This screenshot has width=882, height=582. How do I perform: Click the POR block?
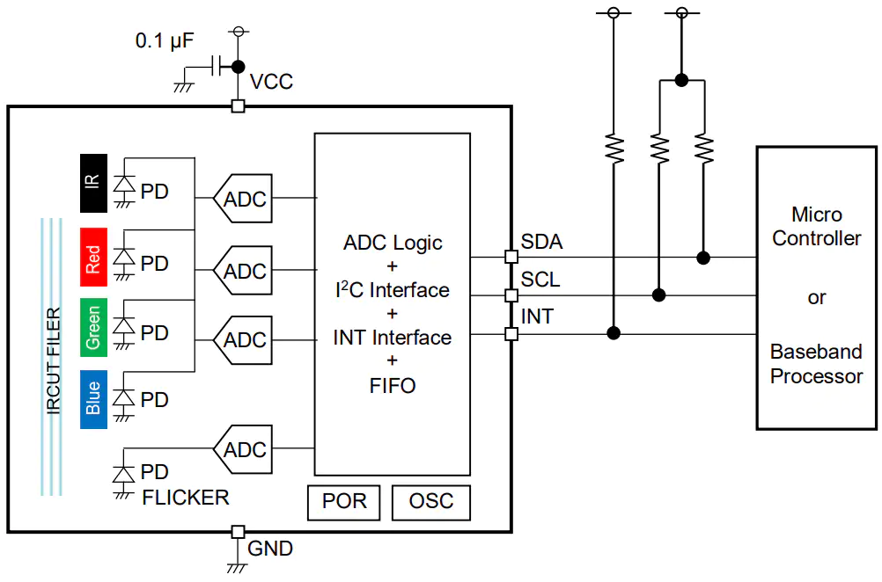pyautogui.click(x=343, y=502)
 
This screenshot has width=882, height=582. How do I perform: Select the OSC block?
pyautogui.click(x=430, y=502)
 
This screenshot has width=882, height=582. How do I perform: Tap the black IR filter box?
pyautogui.click(x=93, y=183)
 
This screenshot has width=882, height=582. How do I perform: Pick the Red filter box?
pyautogui.click(x=93, y=258)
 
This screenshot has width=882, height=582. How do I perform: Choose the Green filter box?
pyautogui.click(x=93, y=327)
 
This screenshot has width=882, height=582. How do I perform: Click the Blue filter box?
pyautogui.click(x=93, y=399)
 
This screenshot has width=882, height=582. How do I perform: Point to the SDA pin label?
pyautogui.click(x=541, y=242)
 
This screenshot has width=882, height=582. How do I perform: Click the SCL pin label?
pyautogui.click(x=540, y=280)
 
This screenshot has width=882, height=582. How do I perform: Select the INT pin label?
pyautogui.click(x=537, y=316)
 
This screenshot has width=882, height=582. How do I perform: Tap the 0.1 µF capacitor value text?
pyautogui.click(x=165, y=40)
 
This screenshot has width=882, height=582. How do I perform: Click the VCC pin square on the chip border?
pyautogui.click(x=238, y=105)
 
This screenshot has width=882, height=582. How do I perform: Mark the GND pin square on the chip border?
pyautogui.click(x=238, y=531)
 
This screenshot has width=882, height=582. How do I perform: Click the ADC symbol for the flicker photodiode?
pyautogui.click(x=243, y=449)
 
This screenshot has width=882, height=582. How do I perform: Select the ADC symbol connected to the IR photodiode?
pyautogui.click(x=243, y=199)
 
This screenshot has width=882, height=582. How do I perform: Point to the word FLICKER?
pyautogui.click(x=186, y=498)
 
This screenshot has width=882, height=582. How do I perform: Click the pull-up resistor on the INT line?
pyautogui.click(x=614, y=149)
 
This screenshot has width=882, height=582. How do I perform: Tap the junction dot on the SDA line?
pyautogui.click(x=703, y=258)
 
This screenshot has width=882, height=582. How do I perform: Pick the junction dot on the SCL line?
pyautogui.click(x=658, y=295)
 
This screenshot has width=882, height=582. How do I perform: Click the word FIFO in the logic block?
pyautogui.click(x=393, y=386)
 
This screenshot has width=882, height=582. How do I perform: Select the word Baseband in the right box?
pyautogui.click(x=816, y=352)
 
